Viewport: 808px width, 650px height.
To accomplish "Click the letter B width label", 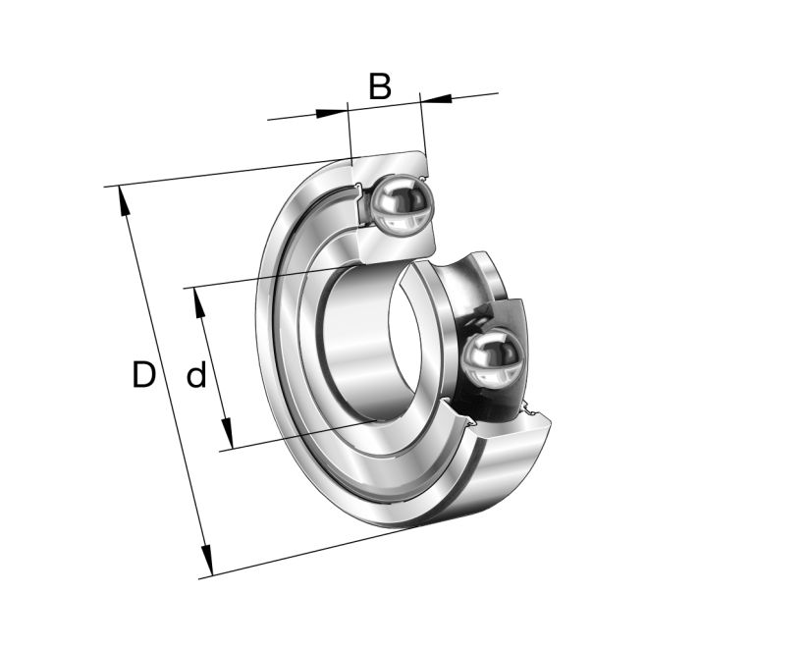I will [x=380, y=86].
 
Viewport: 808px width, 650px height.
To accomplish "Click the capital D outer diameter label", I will [x=143, y=375].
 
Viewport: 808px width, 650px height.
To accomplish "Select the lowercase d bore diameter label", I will [x=196, y=375].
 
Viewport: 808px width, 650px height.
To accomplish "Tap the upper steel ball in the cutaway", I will [x=401, y=203].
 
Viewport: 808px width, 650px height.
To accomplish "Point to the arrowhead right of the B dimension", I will [x=436, y=98].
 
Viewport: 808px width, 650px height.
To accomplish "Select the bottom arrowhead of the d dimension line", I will [x=227, y=433].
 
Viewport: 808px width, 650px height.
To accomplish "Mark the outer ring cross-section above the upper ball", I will [x=393, y=163].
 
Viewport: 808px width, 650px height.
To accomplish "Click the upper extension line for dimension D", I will [x=226, y=173].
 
